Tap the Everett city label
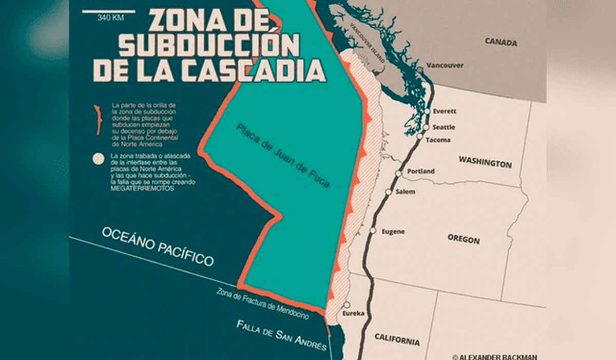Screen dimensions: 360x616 click(444, 111)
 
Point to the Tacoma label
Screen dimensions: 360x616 click(438, 140)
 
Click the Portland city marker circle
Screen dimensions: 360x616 click(398, 174)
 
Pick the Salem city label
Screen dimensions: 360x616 click(406, 192)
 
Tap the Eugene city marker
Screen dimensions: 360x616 click(373, 231)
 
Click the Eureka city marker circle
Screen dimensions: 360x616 click(347, 304)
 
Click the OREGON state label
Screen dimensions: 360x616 click(464, 239)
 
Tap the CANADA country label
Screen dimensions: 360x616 click(500, 42)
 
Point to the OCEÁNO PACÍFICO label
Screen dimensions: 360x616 click(158, 246)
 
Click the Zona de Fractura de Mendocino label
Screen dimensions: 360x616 click(262, 304)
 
